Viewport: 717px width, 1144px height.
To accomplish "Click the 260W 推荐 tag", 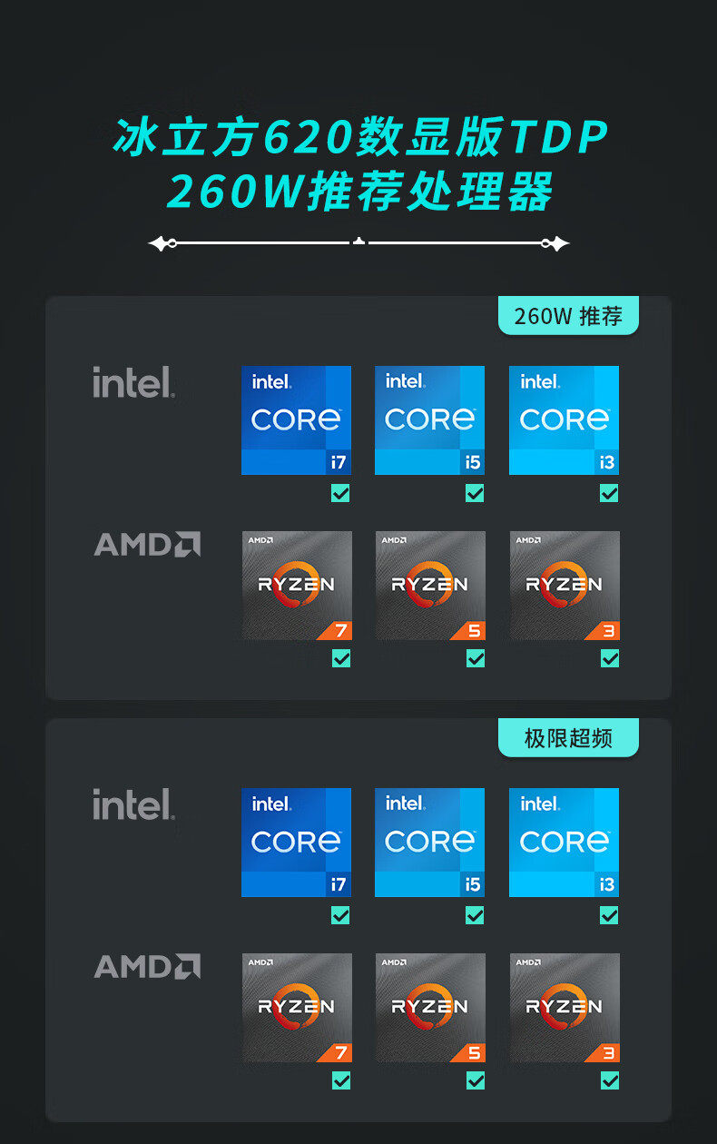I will pyautogui.click(x=568, y=316).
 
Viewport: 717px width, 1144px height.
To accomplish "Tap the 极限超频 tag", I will pyautogui.click(x=568, y=738).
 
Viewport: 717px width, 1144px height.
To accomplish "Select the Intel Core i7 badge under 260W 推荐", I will pyautogui.click(x=296, y=420).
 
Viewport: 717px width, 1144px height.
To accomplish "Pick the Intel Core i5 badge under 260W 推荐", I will pyautogui.click(x=429, y=420).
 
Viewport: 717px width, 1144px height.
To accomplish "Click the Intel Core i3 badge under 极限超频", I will pyautogui.click(x=564, y=843).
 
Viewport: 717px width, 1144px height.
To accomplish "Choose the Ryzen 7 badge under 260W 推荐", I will pyautogui.click(x=297, y=586).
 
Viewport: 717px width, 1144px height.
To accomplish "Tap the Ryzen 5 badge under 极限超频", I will pyautogui.click(x=430, y=1008).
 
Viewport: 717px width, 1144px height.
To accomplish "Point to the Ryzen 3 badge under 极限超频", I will pyautogui.click(x=565, y=1008).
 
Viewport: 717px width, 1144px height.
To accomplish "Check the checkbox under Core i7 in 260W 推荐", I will pyautogui.click(x=340, y=493).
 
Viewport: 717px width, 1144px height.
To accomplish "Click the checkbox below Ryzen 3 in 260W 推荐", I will pyautogui.click(x=610, y=658).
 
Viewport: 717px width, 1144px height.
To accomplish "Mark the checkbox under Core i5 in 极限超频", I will pyautogui.click(x=475, y=915).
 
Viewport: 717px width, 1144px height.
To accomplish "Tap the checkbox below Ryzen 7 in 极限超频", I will pyautogui.click(x=341, y=1080).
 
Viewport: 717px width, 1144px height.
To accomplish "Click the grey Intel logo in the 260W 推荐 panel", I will pyautogui.click(x=133, y=382).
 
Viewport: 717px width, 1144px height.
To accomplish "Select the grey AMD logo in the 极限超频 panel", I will pyautogui.click(x=147, y=966).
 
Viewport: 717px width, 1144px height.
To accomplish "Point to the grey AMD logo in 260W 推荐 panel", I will pyautogui.click(x=147, y=544).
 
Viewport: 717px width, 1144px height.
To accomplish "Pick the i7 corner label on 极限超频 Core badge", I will pyautogui.click(x=339, y=884).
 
